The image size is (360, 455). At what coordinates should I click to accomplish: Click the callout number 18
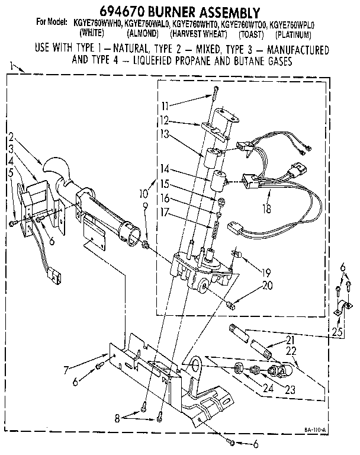coord(270,209)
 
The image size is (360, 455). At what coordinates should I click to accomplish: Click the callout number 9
coord(145,206)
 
